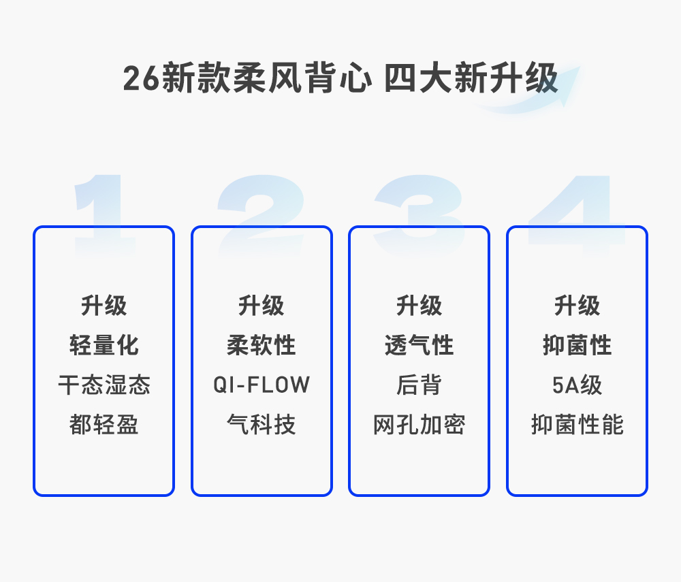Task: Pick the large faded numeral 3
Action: (419, 211)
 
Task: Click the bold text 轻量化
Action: (104, 345)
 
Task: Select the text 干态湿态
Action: (104, 385)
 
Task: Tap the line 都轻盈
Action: (104, 425)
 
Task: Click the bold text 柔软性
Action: (262, 345)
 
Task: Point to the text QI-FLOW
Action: (262, 385)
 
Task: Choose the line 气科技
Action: (262, 425)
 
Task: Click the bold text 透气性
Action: (419, 345)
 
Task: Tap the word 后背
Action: (419, 385)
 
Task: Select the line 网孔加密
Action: (419, 425)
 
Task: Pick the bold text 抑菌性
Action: (577, 345)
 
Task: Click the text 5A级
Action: (577, 385)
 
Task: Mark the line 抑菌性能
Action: (577, 425)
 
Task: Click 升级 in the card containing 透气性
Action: (419, 306)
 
